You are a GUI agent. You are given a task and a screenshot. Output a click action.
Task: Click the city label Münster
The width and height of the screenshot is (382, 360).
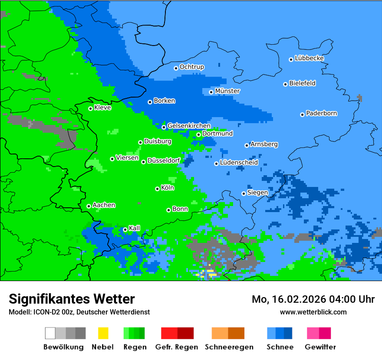pyautogui.click(x=227, y=91)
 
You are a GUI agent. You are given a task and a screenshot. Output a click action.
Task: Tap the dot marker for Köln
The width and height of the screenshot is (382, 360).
pyautogui.click(x=157, y=189)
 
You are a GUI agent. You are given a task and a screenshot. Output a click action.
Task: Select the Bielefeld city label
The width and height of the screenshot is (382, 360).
pyautogui.click(x=302, y=83)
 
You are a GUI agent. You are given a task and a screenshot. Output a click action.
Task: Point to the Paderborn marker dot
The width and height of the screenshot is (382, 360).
pyautogui.click(x=302, y=115)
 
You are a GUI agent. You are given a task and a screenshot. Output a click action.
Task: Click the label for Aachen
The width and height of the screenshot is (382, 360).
pyautogui.click(x=104, y=205)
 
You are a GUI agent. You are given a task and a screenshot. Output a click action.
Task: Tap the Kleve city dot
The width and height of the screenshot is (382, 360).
pyautogui.click(x=90, y=108)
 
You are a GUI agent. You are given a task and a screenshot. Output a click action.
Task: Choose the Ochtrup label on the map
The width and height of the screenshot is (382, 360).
pyautogui.click(x=192, y=67)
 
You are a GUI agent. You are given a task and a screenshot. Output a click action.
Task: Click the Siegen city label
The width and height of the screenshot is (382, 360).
pyautogui.click(x=257, y=193)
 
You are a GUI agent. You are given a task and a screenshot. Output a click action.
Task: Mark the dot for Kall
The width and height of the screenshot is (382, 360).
pyautogui.click(x=125, y=229)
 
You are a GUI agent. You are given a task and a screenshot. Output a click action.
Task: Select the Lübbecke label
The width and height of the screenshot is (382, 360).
pyautogui.click(x=309, y=58)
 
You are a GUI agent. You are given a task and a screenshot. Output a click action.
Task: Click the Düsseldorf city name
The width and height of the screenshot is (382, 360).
pyautogui.click(x=164, y=161)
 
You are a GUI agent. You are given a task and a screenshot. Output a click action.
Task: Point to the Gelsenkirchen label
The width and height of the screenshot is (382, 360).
pyautogui.click(x=189, y=126)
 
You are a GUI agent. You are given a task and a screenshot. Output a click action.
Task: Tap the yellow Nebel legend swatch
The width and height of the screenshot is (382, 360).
pyautogui.click(x=103, y=333)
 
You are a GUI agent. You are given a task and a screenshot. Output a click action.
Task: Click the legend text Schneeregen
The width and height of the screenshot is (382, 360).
pyautogui.click(x=229, y=347)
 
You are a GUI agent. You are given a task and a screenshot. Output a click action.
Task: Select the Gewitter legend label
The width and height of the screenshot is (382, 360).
pyautogui.click(x=320, y=347)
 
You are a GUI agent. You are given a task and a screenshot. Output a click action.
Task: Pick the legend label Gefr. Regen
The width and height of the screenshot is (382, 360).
pyautogui.click(x=177, y=347)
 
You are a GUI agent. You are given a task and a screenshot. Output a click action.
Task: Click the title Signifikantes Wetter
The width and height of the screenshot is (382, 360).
pyautogui.click(x=72, y=299)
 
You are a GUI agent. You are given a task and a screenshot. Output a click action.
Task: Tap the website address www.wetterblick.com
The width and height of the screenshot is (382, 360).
pyautogui.click(x=313, y=312)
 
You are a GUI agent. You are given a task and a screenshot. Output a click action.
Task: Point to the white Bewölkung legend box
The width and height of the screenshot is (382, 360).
pyautogui.click(x=50, y=333)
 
